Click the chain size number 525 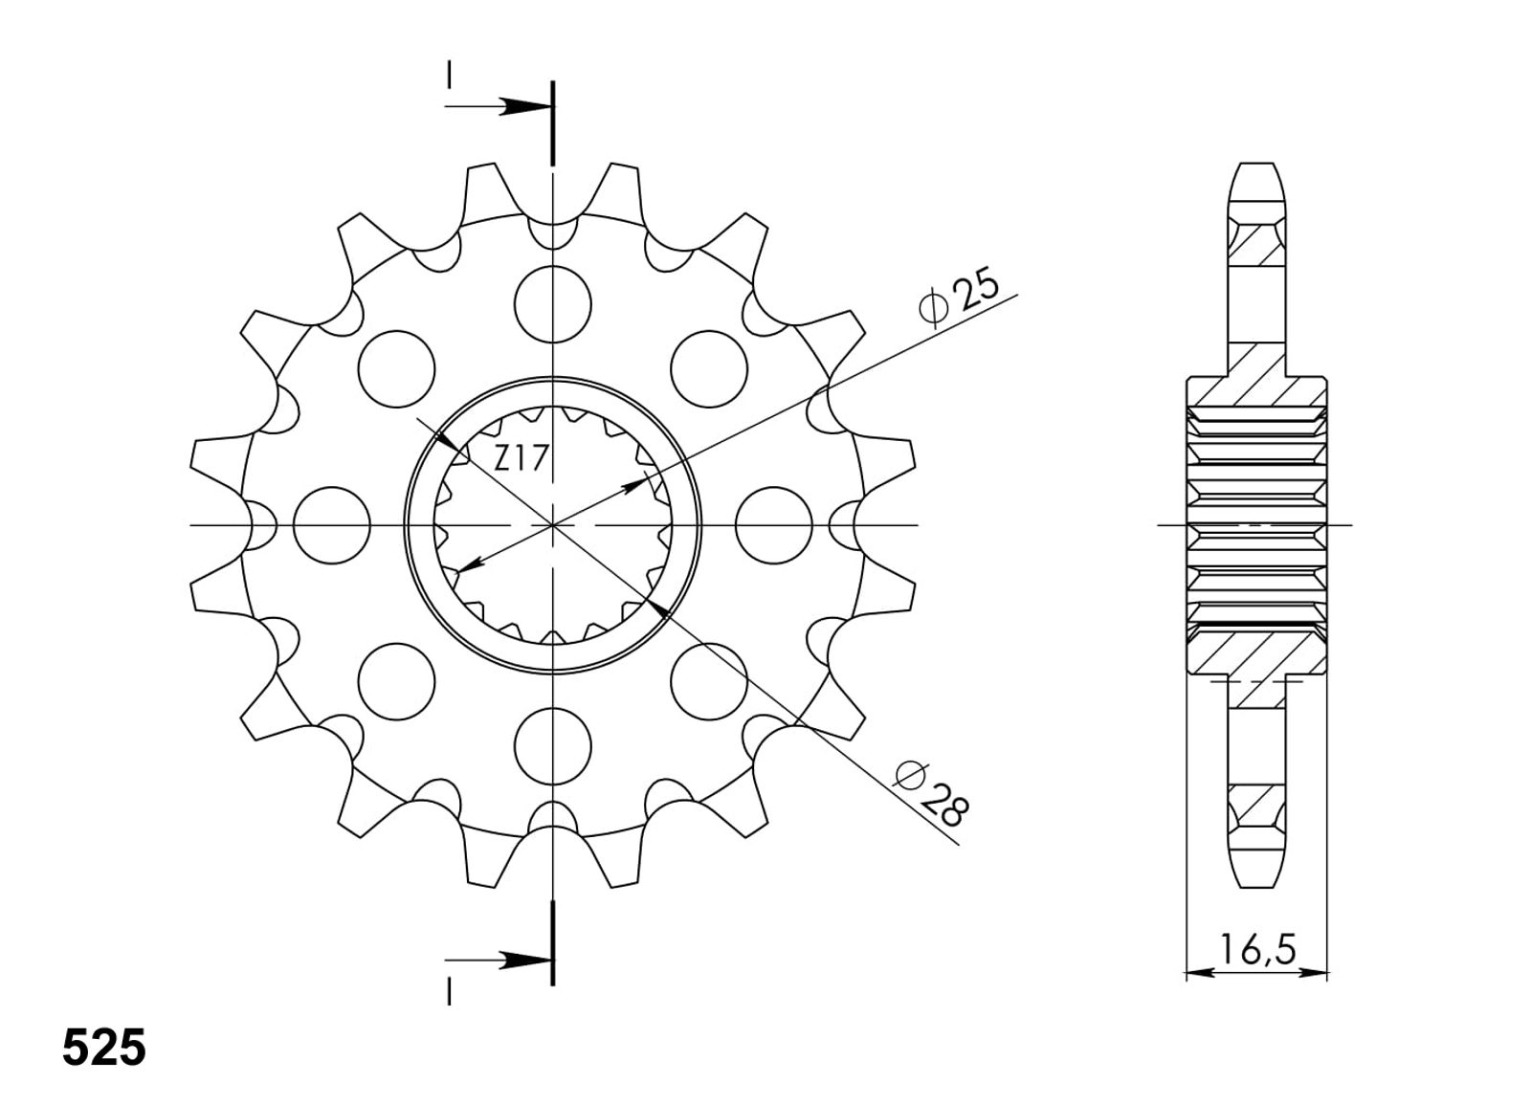pyautogui.click(x=104, y=1048)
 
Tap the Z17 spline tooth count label pyautogui.click(x=521, y=458)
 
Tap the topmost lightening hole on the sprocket pyautogui.click(x=553, y=304)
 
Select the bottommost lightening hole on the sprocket pyautogui.click(x=553, y=746)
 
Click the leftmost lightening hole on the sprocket pyautogui.click(x=331, y=525)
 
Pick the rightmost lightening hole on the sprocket pyautogui.click(x=774, y=525)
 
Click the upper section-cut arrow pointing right pyautogui.click(x=498, y=106)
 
